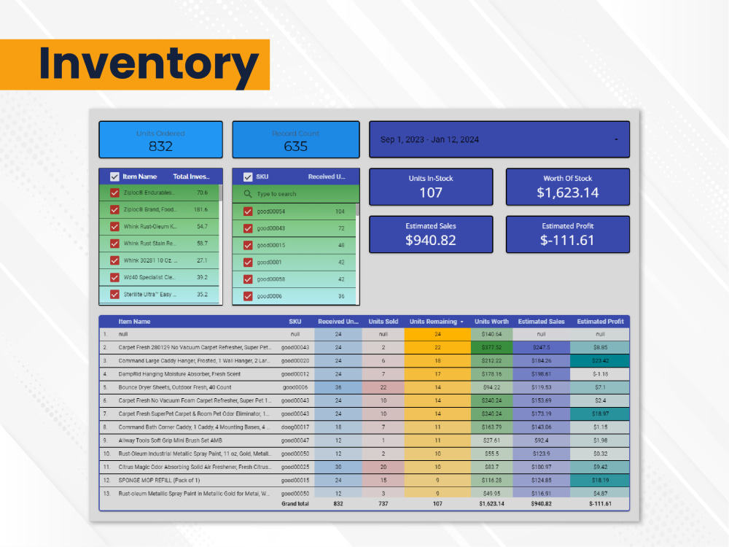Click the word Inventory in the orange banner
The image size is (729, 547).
click(149, 64)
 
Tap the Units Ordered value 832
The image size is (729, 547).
click(160, 146)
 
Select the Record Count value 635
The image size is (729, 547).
click(295, 146)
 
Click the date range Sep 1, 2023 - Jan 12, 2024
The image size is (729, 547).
click(429, 139)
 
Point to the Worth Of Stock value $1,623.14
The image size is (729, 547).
click(567, 193)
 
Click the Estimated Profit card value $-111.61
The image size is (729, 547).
click(567, 241)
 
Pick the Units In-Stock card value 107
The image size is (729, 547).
click(431, 193)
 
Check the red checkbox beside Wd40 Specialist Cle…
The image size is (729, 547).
click(114, 277)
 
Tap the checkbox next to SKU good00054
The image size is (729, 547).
click(248, 212)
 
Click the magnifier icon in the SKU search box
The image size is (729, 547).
click(248, 194)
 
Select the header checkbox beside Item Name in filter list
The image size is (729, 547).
click(114, 176)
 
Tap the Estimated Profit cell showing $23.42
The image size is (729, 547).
click(600, 360)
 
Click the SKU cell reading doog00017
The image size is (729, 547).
click(295, 427)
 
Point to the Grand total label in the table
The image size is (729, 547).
click(295, 504)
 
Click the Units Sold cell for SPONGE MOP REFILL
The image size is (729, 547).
click(383, 480)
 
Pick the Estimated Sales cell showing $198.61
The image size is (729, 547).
click(541, 374)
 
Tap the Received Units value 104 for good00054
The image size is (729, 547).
click(340, 212)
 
